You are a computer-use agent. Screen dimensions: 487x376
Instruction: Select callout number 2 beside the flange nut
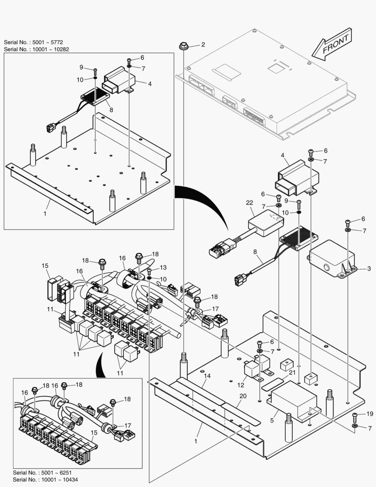[203, 45]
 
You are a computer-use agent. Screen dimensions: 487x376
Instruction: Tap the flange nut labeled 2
[184, 46]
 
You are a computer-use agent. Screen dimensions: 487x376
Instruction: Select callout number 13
[163, 267]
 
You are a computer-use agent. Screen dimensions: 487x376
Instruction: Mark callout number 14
[207, 376]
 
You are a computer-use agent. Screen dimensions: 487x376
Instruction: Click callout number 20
[243, 396]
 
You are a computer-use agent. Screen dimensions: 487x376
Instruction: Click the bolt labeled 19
[354, 415]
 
